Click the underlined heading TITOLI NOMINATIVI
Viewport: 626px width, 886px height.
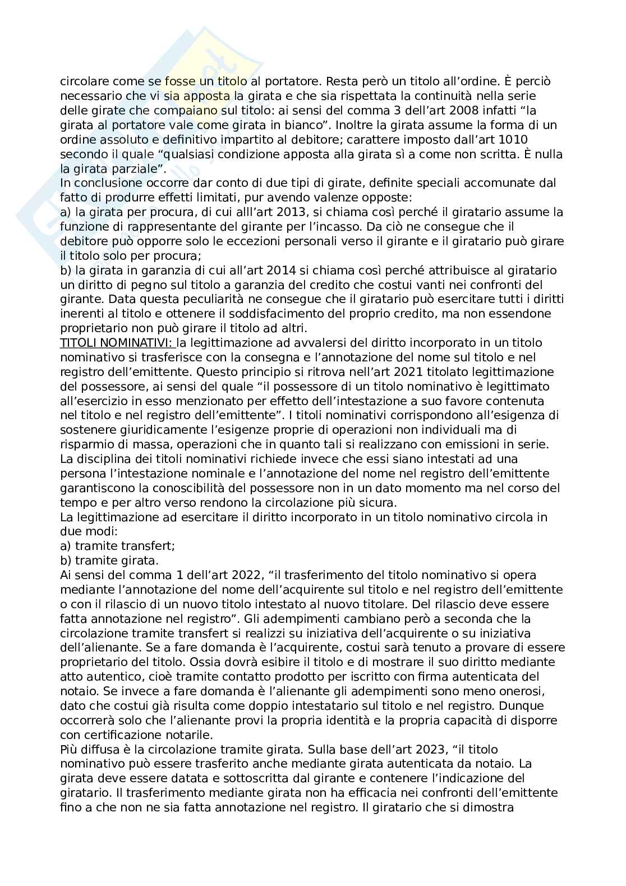(x=117, y=343)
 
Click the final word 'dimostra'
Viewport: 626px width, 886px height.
(x=492, y=807)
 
